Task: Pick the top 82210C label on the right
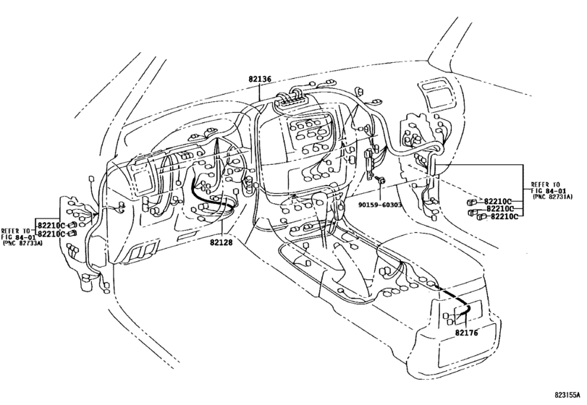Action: click(498, 200)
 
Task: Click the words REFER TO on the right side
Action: click(544, 184)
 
